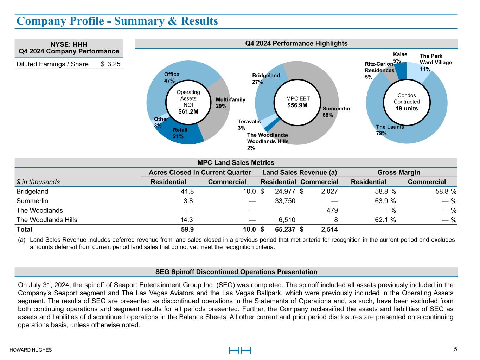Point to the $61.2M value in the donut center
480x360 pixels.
pos(188,112)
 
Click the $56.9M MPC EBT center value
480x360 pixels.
pos(297,105)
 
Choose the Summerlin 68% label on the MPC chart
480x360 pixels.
pos(336,112)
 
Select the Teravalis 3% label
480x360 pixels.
pos(249,125)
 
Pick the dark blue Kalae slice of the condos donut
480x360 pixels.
pos(402,70)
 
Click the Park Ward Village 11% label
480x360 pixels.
pos(435,62)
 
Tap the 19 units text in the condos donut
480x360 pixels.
pos(407,108)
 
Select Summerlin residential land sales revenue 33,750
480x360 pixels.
pos(285,201)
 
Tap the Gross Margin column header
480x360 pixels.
pos(398,172)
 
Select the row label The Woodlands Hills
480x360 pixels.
pos(47,220)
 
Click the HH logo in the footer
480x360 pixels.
pos(240,350)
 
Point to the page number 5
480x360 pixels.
pos(455,349)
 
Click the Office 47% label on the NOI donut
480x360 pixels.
pos(172,77)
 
